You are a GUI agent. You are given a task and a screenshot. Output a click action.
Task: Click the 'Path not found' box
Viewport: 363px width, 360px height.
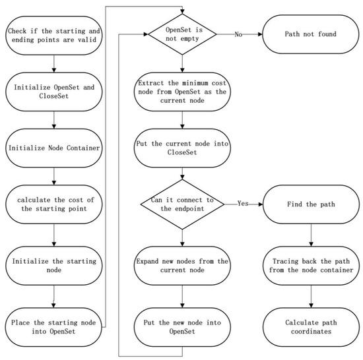pyautogui.click(x=311, y=34)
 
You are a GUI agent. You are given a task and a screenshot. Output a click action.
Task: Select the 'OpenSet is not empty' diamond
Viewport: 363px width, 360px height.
pyautogui.click(x=182, y=34)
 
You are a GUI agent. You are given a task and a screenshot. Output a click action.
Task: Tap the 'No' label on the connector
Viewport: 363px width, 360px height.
pyautogui.click(x=238, y=34)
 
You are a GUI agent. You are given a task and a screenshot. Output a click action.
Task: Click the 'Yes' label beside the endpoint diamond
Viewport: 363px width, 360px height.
pyautogui.click(x=243, y=204)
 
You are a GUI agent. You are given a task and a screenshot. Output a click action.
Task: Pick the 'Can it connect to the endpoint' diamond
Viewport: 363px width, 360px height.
pyautogui.click(x=182, y=204)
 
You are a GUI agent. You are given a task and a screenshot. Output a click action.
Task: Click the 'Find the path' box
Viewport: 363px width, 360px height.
pyautogui.click(x=311, y=204)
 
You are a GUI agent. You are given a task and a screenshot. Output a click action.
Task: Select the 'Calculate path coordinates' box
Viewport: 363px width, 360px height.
pyautogui.click(x=311, y=327)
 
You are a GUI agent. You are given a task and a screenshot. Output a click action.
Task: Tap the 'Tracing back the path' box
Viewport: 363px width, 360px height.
pyautogui.click(x=311, y=266)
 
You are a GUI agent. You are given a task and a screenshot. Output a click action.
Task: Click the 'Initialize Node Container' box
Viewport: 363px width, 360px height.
pyautogui.click(x=54, y=148)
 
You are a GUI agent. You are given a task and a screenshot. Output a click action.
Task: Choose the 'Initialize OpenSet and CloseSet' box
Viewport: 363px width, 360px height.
pyautogui.click(x=54, y=92)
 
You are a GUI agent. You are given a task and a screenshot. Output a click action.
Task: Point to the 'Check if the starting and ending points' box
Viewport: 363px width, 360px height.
pyautogui.click(x=54, y=36)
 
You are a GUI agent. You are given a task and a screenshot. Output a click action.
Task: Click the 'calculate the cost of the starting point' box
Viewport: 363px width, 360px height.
pyautogui.click(x=54, y=204)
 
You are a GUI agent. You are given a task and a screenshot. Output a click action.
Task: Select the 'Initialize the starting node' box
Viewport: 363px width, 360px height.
pyautogui.click(x=54, y=266)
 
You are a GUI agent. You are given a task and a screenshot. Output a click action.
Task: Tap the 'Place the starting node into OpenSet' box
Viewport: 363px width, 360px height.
pyautogui.click(x=53, y=327)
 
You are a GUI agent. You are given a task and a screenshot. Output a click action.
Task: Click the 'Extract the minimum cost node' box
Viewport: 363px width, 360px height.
pyautogui.click(x=182, y=92)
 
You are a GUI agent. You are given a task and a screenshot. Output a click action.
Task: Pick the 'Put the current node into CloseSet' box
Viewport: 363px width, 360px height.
pyautogui.click(x=182, y=148)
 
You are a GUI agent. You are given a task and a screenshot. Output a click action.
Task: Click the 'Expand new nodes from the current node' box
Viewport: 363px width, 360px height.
pyautogui.click(x=182, y=266)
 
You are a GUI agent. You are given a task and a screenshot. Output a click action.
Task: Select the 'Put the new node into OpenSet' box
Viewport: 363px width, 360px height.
pyautogui.click(x=182, y=327)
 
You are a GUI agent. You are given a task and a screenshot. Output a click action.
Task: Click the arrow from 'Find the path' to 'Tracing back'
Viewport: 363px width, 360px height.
pyautogui.click(x=311, y=235)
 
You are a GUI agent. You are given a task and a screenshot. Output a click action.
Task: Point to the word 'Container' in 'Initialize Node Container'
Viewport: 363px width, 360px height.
pyautogui.click(x=83, y=148)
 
